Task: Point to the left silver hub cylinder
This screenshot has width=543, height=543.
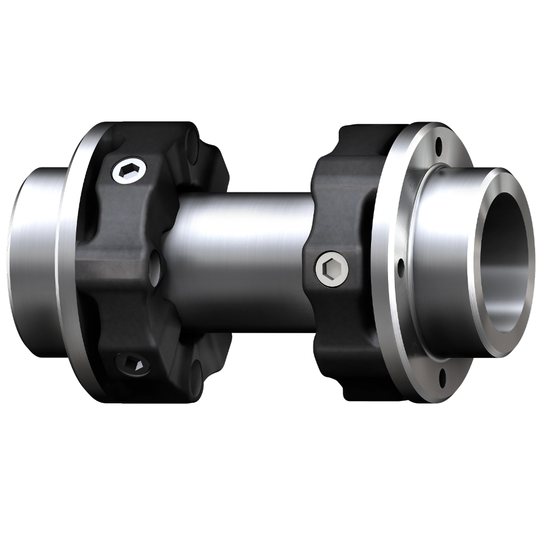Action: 34,255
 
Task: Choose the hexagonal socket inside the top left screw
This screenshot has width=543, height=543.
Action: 129,171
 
